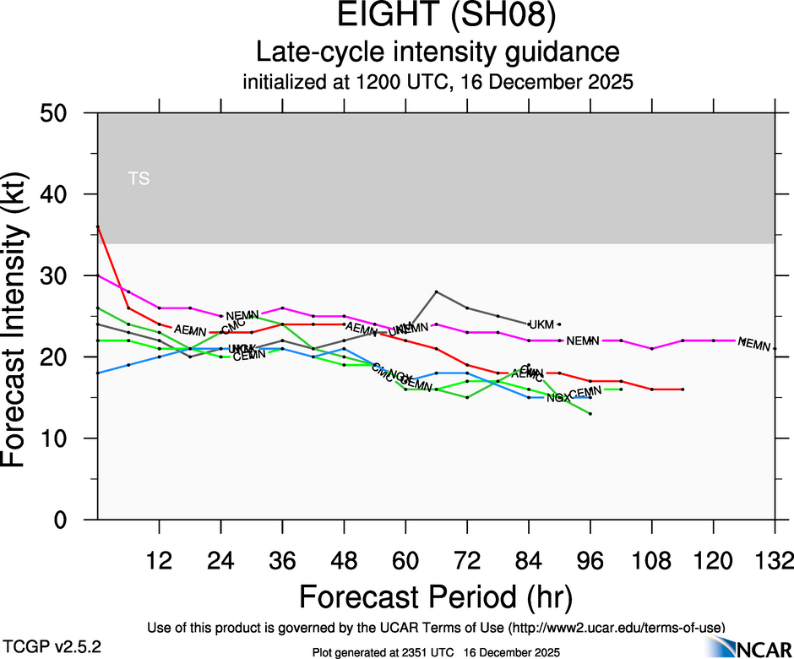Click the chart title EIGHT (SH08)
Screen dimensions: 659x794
pos(438,17)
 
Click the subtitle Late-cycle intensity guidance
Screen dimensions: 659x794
pos(438,52)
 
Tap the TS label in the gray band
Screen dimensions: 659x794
pos(139,178)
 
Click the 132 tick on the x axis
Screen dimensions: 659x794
pos(775,561)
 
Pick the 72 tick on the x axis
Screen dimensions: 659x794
pos(467,561)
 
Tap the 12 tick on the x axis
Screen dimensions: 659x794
pos(159,561)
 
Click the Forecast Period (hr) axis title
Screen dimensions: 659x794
pos(437,597)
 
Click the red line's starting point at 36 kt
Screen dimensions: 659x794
pos(98,226)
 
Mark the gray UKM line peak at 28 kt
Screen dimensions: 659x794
pos(436,291)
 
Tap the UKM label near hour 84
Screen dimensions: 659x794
pos(541,324)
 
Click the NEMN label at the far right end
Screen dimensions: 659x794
pos(754,344)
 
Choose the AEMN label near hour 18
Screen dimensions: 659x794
pos(190,330)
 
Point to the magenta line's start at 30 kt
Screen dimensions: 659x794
pos(98,275)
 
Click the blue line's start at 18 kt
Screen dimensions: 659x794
pos(98,373)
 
